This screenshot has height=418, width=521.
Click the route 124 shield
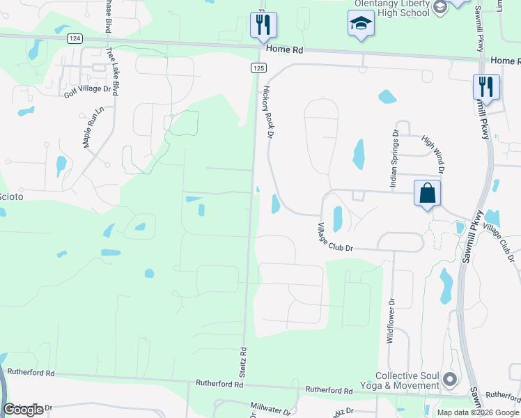73,39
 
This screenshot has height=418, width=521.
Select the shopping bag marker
427,193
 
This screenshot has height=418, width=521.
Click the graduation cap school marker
360,24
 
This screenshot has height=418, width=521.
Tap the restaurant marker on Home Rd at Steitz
263,25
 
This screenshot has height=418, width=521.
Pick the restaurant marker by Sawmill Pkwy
485,87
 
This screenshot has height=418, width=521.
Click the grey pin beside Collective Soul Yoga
449,380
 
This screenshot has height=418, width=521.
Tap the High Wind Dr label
433,154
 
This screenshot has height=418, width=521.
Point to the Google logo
24,410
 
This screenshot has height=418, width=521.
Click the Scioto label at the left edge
11,197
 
